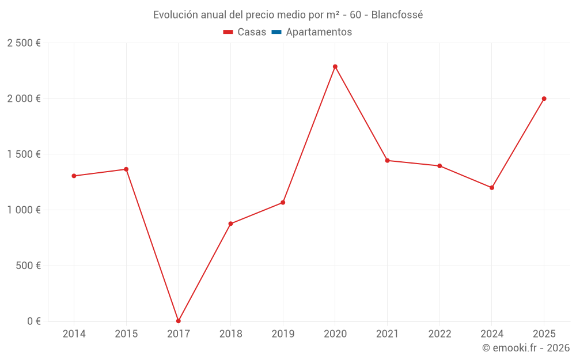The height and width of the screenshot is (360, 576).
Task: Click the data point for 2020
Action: point(335,67)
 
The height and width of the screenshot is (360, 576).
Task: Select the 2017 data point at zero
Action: point(179,321)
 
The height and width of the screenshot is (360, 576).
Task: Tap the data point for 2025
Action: point(544,98)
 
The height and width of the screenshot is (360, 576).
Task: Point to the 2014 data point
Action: point(74,176)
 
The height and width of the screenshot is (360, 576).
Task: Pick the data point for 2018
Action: point(230,223)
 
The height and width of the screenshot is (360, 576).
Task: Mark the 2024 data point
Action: point(492,188)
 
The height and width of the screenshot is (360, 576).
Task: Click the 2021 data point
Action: point(387,160)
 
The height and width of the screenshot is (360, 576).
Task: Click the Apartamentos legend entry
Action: point(319,32)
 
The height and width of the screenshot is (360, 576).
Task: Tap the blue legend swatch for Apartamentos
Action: point(276,32)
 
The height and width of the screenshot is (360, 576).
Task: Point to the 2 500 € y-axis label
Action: point(24,43)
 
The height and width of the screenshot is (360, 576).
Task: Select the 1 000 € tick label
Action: point(24,210)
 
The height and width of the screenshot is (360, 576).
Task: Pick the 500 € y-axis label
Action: point(28,266)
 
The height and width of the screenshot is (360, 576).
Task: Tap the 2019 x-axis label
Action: point(283,334)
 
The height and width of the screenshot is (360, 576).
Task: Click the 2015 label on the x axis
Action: point(126,334)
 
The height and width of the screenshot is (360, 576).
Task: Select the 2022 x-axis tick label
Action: point(439,334)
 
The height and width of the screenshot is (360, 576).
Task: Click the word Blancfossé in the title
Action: point(397,15)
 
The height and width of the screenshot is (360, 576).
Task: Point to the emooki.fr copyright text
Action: point(526,348)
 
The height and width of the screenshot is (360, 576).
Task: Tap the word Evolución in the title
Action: point(176,15)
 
